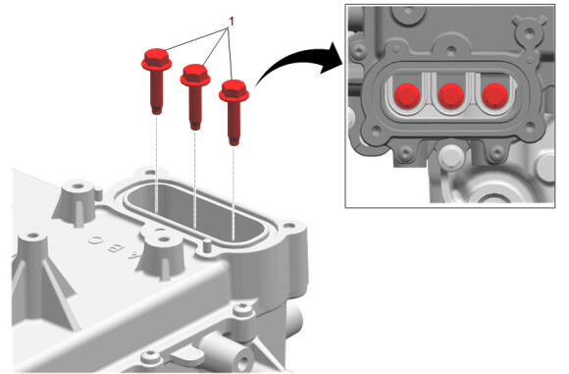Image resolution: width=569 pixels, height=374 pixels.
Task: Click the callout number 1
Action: (232, 22)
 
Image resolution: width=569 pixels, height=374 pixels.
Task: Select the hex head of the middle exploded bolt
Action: (195, 76)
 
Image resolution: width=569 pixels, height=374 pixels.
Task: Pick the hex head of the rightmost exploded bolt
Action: (234, 90)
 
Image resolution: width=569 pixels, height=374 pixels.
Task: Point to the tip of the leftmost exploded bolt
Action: (156, 112)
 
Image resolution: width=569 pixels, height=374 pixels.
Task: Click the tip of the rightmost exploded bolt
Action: (234, 143)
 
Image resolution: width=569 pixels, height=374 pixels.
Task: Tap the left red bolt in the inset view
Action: (407, 96)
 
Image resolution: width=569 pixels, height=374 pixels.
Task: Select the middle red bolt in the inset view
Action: (451, 96)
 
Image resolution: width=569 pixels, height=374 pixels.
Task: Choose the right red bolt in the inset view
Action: (495, 96)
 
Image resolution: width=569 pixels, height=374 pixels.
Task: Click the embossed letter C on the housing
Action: (93, 240)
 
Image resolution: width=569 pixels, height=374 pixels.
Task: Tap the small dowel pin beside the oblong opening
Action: (207, 245)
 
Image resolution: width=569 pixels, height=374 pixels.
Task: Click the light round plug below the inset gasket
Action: (450, 156)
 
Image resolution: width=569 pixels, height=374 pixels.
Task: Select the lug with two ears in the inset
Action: (529, 32)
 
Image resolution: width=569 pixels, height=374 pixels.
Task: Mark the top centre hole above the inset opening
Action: (451, 50)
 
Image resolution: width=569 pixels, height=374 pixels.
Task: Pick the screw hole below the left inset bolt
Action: (405, 152)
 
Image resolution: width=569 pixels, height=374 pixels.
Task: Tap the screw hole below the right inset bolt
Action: (496, 152)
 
